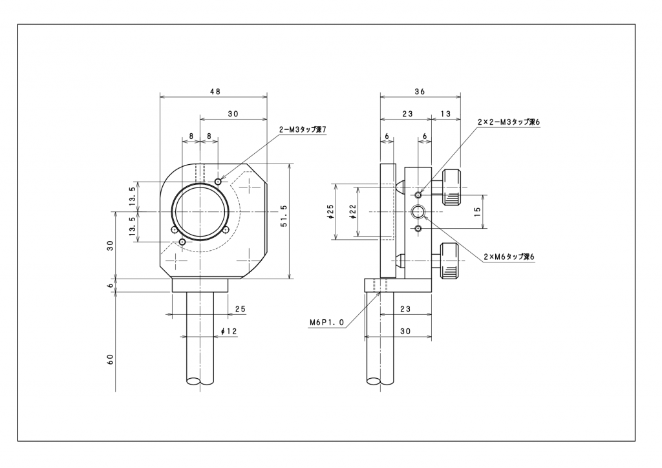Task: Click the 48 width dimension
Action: tap(214, 92)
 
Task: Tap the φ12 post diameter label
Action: tap(230, 332)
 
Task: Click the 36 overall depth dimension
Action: tap(420, 92)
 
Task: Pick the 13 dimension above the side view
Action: tap(446, 113)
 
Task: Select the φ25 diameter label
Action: tap(330, 211)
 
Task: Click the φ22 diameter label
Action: tap(353, 211)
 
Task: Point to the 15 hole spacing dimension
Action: tap(478, 211)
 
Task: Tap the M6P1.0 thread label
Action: tap(327, 322)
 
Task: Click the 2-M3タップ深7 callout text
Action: tap(303, 129)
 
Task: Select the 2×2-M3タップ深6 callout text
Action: tap(508, 122)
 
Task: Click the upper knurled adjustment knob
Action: tap(451, 187)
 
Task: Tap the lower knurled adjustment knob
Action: tap(450, 260)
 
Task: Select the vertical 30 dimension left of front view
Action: tap(111, 245)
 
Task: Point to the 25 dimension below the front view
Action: tap(240, 309)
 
